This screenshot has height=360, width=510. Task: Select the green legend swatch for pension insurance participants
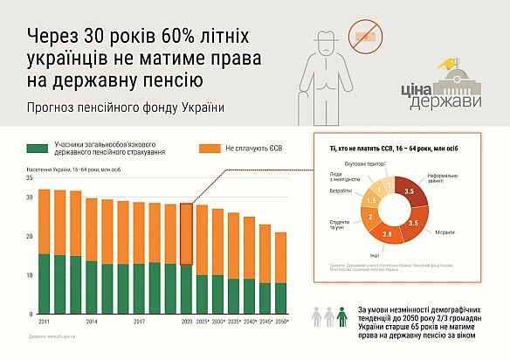click(36, 149)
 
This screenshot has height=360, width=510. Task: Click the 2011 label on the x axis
click(44, 322)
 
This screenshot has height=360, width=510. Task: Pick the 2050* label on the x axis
click(281, 322)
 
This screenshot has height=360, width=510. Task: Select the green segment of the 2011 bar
click(44, 284)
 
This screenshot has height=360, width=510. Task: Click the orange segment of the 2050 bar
click(281, 257)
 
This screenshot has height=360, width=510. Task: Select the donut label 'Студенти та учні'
click(338, 225)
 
